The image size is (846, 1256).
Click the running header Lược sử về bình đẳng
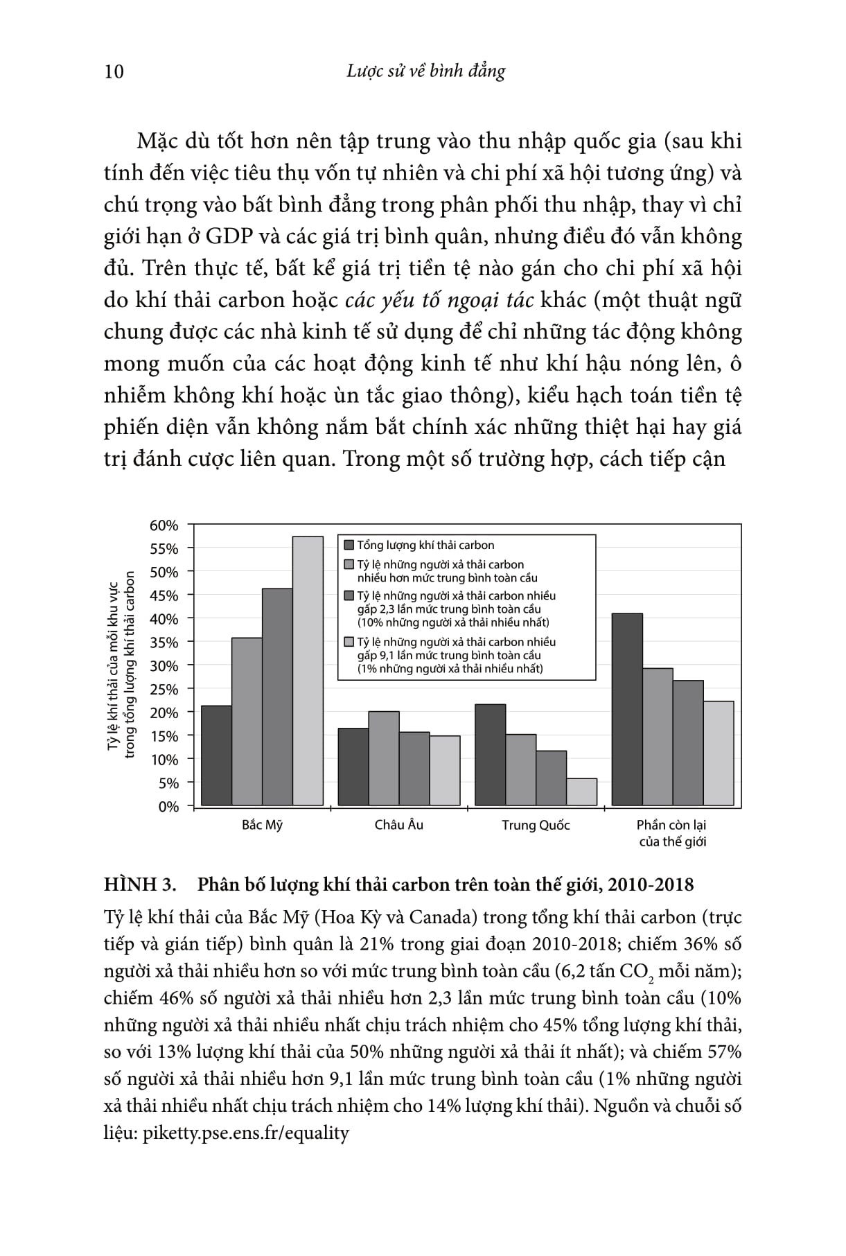pos(425,71)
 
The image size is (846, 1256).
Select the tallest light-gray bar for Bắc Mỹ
pos(308,670)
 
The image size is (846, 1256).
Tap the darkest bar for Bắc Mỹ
pos(216,756)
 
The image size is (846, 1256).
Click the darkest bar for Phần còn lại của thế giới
pos(627,709)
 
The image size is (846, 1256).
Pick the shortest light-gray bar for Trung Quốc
pos(581,792)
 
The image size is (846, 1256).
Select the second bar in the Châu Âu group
pos(383,758)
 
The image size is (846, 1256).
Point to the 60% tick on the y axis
pos(164,525)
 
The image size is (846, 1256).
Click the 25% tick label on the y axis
pos(164,690)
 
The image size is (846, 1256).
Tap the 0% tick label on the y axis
pos(168,807)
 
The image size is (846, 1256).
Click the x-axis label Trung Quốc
pos(536,826)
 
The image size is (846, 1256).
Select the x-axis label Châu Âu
pos(398,825)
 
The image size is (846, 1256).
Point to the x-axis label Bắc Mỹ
pos(262,826)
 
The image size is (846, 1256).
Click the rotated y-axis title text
pos(121,665)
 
